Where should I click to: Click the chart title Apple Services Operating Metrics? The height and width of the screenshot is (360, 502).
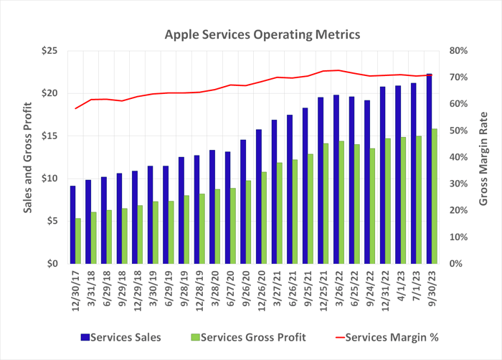(x=253, y=34)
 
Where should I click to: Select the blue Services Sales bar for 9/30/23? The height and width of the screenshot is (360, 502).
(x=430, y=169)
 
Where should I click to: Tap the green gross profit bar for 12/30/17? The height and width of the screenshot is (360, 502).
(x=78, y=241)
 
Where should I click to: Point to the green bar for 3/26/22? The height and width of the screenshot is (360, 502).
(x=341, y=202)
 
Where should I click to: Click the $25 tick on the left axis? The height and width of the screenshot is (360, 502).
(x=50, y=51)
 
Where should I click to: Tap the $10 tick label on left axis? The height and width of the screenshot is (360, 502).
(x=50, y=179)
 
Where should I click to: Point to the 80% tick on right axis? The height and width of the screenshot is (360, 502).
(x=458, y=51)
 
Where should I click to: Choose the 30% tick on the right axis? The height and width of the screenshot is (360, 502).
(x=458, y=184)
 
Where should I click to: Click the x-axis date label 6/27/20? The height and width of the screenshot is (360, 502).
(x=228, y=287)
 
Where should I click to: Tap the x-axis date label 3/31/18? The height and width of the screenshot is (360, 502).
(x=88, y=287)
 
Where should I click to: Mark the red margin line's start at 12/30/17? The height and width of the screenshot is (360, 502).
(x=75, y=108)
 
